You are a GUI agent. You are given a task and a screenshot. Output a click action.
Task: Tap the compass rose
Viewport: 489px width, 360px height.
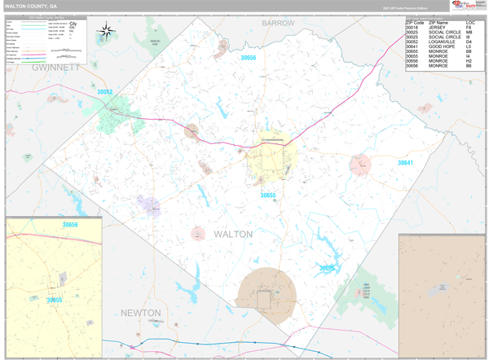point(106,33)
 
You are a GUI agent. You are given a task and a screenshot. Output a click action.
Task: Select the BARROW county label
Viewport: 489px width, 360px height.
point(278,24)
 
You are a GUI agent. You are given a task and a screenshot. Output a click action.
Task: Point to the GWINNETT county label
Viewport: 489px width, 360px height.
point(55,68)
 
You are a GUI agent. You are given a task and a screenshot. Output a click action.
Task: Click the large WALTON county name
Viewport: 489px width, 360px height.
point(233,234)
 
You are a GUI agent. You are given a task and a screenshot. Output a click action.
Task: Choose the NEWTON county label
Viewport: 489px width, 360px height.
point(141,313)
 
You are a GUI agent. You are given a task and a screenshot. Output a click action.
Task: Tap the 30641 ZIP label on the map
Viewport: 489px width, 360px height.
point(405,163)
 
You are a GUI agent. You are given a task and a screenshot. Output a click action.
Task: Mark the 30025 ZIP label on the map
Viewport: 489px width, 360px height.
point(327,268)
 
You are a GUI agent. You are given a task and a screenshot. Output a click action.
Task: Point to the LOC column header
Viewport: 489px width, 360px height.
point(470,22)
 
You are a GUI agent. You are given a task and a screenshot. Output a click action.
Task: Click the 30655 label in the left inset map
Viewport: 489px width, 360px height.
point(54,300)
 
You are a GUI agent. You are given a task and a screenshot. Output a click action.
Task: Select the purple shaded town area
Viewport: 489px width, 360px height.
point(148,204)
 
